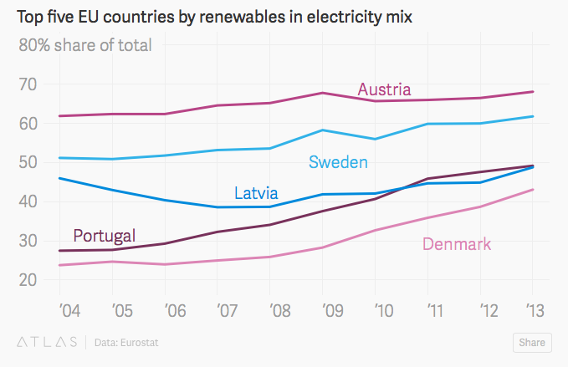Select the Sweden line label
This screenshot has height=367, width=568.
tap(338, 161)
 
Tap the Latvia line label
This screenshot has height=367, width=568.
tap(256, 193)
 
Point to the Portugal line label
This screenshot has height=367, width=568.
tap(104, 235)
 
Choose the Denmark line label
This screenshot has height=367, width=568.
tap(457, 244)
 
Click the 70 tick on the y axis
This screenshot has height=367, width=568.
tap(30, 84)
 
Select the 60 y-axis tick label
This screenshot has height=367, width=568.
tap(30, 123)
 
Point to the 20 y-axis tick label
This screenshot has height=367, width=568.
tap(30, 279)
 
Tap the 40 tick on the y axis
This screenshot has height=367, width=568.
tap(30, 201)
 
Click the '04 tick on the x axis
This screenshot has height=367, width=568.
tap(69, 311)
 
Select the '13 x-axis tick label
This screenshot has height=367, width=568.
tap(532, 311)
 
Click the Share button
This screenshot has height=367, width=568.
tap(532, 342)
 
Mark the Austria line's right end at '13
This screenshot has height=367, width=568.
tap(533, 92)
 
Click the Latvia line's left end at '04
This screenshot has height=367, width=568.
tap(59, 178)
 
